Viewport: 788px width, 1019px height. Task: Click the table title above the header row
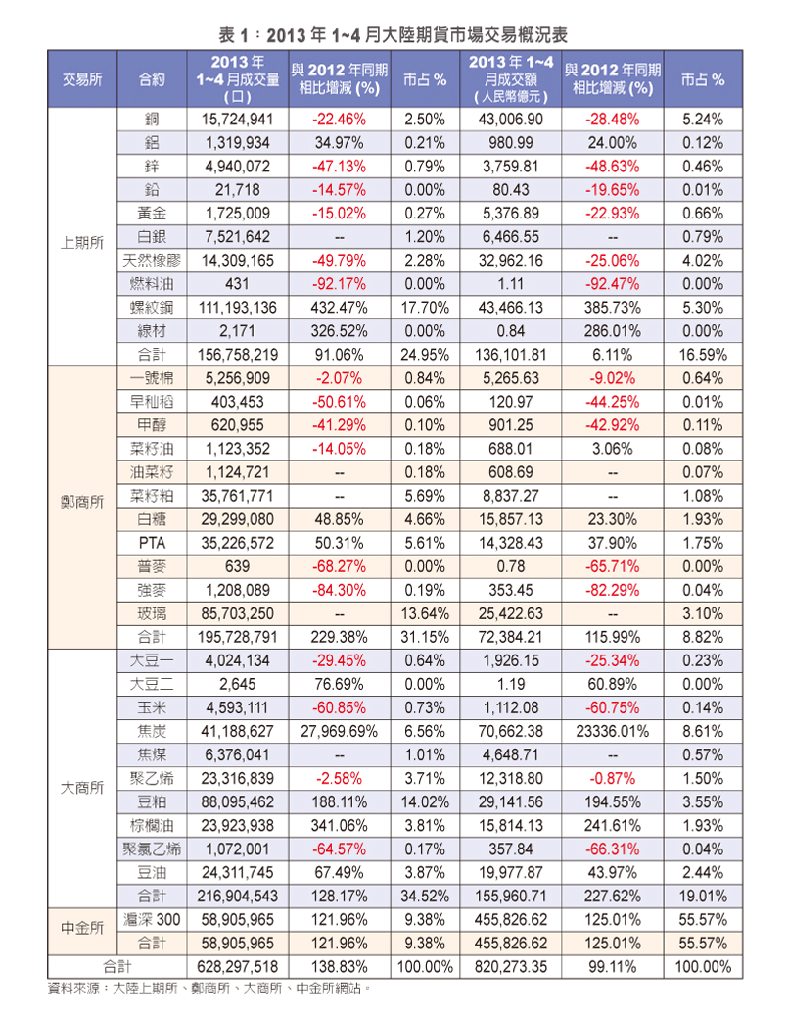[394, 34]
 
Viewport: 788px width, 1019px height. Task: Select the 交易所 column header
[82, 79]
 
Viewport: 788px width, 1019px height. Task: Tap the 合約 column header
[152, 79]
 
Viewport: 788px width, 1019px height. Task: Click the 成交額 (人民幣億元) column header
[511, 79]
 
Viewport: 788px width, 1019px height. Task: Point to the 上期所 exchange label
[82, 242]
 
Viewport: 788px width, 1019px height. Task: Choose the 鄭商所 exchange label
[82, 502]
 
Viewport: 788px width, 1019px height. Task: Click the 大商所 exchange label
[82, 788]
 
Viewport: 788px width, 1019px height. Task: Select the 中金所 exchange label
[82, 928]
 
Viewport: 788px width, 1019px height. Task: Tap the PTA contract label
[152, 543]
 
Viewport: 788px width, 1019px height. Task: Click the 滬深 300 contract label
[152, 920]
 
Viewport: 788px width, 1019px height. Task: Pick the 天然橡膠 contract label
[152, 261]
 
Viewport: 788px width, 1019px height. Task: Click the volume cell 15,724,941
[238, 120]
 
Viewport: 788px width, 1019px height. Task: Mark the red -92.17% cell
[339, 284]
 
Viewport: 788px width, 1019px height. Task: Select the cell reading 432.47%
[339, 308]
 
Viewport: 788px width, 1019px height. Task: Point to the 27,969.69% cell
[339, 732]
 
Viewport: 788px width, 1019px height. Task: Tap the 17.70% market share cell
[425, 308]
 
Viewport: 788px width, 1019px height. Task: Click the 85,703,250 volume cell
[238, 614]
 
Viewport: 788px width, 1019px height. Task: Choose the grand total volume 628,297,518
[238, 967]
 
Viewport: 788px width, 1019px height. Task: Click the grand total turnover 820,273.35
[511, 967]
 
